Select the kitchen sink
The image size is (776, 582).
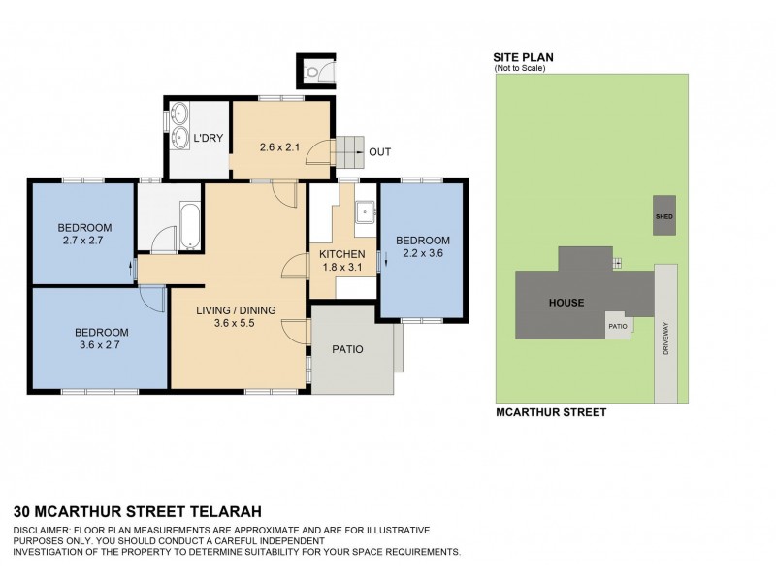[366, 212]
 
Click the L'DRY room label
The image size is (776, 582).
[209, 139]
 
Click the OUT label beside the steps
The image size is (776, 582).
[380, 152]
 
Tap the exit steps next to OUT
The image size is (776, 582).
[346, 152]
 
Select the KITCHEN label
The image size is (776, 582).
[342, 254]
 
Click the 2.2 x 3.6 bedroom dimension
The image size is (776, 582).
[422, 254]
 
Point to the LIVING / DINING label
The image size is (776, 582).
[236, 310]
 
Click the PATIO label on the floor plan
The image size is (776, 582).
[347, 349]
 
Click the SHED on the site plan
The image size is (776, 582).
[664, 216]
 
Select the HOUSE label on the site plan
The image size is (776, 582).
[566, 303]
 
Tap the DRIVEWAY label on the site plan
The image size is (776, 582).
[665, 336]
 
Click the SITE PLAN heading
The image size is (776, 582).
[524, 57]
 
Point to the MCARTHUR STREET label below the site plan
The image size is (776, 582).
[551, 412]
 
